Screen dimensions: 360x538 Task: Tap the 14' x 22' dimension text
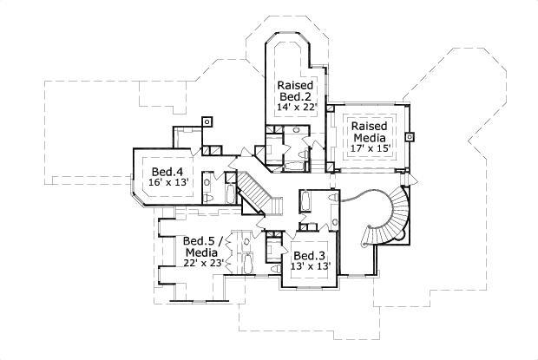coord(297,107)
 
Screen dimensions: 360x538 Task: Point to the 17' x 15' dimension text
coord(369,147)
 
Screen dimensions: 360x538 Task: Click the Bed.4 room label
coord(167,172)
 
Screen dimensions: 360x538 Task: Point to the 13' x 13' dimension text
coord(308,267)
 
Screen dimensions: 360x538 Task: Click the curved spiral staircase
coord(385,217)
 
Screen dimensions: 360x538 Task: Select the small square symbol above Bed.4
coord(207,121)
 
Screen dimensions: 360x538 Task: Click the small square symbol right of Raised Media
coord(409,135)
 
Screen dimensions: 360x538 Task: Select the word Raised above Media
coord(369,126)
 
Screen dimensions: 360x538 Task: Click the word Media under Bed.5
coord(202,252)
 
